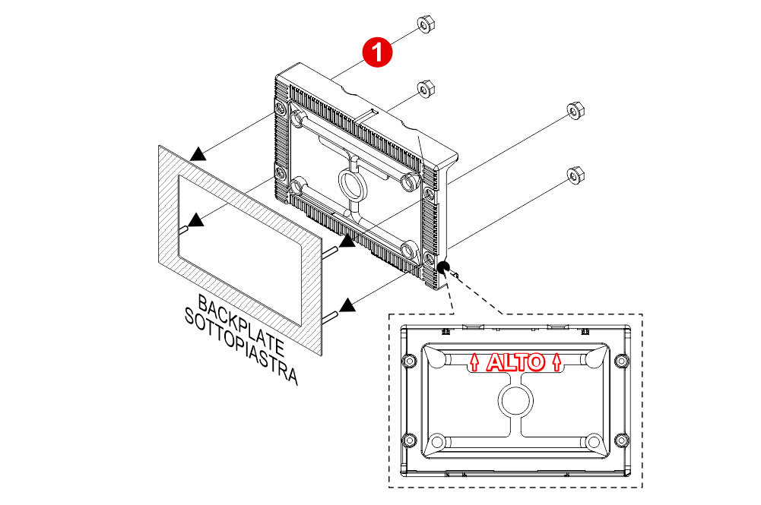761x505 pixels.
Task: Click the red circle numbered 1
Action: (376, 52)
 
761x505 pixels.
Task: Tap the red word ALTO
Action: (515, 363)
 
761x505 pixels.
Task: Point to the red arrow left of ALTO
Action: (475, 362)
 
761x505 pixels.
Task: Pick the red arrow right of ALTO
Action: (557, 362)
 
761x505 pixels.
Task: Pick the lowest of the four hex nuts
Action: (576, 174)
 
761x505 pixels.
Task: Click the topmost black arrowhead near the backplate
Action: (198, 154)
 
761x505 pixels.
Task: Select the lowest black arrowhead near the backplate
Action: (347, 305)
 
